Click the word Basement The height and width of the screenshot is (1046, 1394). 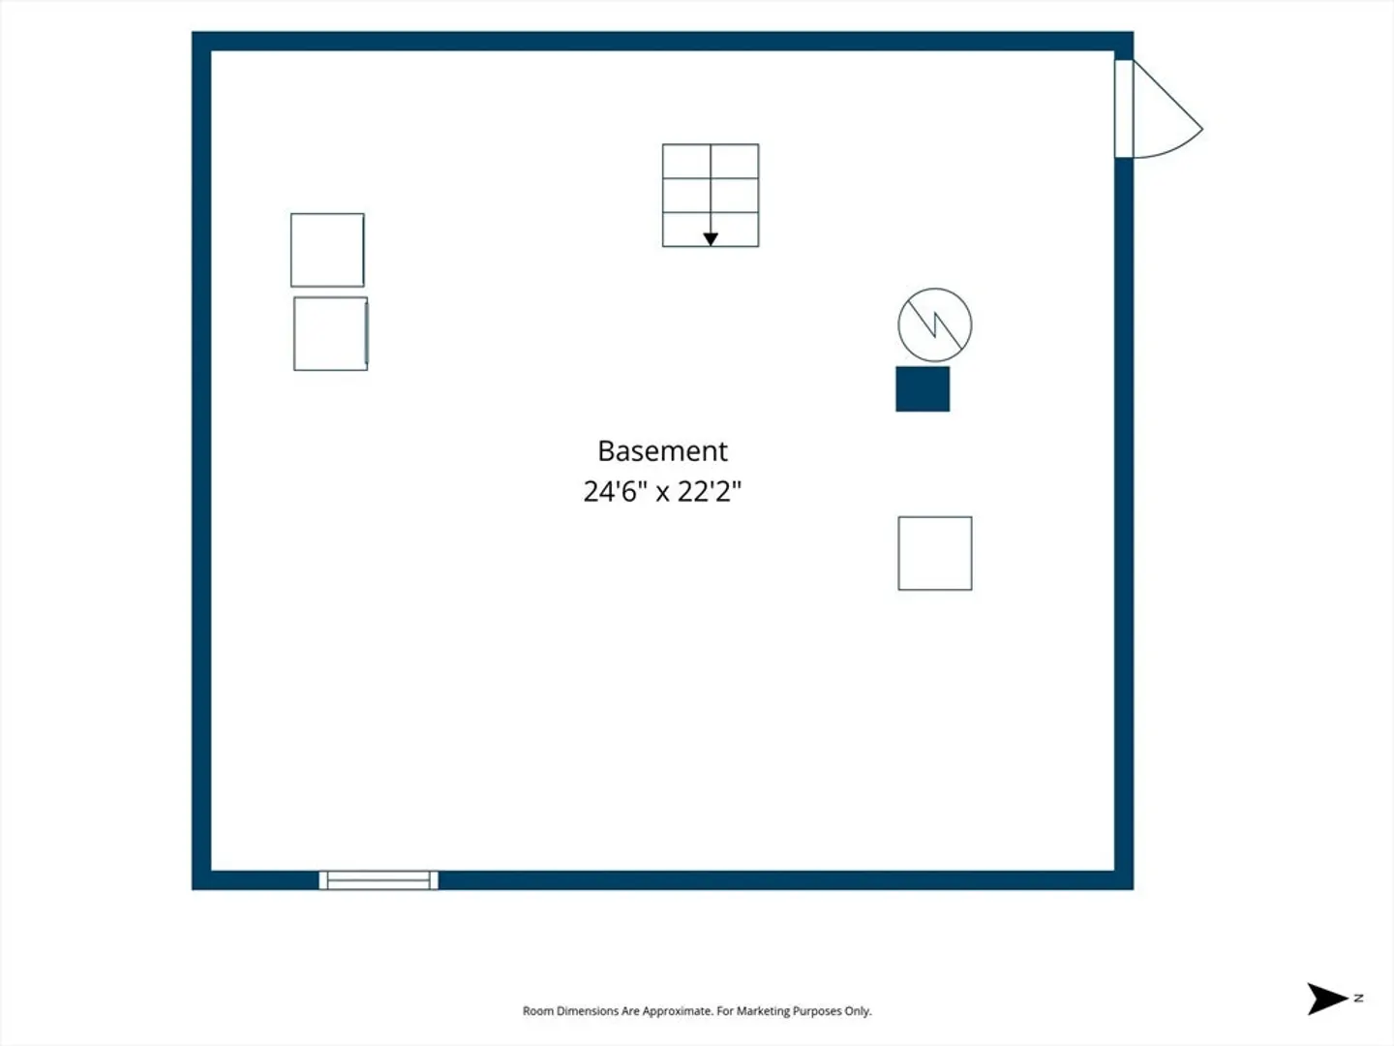[x=662, y=451]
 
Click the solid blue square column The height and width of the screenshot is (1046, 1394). [x=923, y=388]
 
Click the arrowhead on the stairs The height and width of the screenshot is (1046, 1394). [x=711, y=239]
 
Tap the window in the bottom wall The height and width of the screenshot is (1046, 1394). [x=379, y=880]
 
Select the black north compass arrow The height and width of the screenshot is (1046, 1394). [x=1326, y=999]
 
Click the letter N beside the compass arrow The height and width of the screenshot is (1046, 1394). [x=1358, y=998]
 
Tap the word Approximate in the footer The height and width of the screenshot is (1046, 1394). [x=677, y=1011]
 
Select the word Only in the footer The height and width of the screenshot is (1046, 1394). [x=858, y=1011]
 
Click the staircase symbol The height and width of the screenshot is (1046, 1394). [x=711, y=196]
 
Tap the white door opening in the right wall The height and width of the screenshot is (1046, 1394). [x=1124, y=108]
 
